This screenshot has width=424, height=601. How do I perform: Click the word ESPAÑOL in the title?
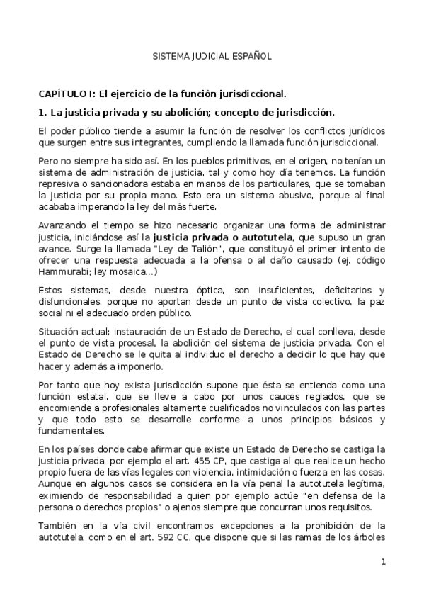tap(251, 55)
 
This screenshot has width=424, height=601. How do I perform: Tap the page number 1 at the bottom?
tap(383, 562)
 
